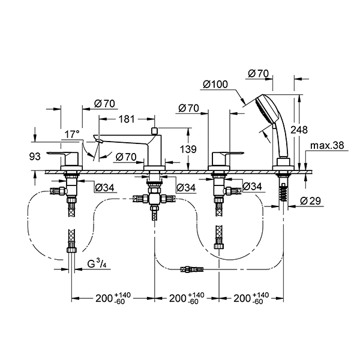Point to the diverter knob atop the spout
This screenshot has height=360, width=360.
[154, 130]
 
